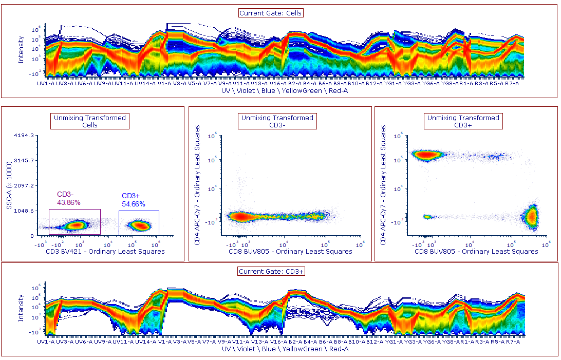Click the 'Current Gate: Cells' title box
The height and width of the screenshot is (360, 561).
coord(271,13)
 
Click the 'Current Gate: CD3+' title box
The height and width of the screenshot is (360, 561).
coord(271,271)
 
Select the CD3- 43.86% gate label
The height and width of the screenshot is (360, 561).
coord(69,198)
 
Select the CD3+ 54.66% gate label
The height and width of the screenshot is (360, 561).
coord(133,200)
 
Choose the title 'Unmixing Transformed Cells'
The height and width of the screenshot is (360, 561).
coord(90,121)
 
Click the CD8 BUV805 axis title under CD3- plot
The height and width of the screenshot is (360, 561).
coord(291,252)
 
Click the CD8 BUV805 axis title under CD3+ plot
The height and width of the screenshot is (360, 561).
coord(477,252)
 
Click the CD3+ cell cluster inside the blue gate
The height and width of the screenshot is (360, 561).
coord(139,225)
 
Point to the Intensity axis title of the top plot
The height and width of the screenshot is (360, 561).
coord(21,49)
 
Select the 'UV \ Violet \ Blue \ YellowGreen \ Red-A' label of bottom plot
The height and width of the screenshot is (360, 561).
coord(285,349)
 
